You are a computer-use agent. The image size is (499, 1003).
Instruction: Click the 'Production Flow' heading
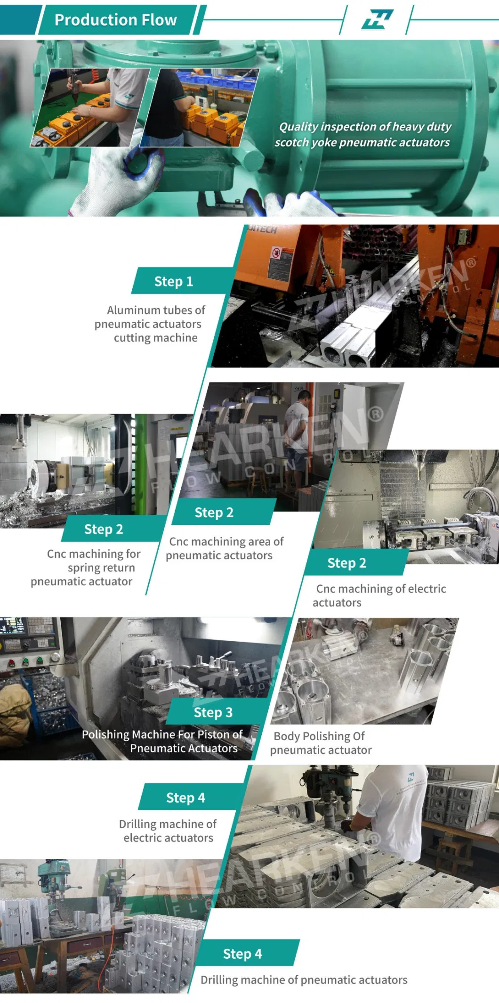pos(115,20)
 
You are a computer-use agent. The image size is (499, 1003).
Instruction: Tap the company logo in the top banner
pos(377,20)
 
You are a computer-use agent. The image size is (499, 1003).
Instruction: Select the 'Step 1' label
pos(174,281)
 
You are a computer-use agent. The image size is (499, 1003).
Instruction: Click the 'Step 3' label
pos(213,712)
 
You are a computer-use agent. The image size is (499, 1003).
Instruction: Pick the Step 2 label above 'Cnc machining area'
pos(214,513)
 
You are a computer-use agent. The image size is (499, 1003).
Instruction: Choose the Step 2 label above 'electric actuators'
pos(347,563)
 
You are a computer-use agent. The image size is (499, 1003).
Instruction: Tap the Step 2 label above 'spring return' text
pos(104,529)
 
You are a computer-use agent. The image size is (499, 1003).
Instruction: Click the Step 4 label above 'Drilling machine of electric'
pos(185,798)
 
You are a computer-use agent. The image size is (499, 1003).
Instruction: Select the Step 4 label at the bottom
pos(242,954)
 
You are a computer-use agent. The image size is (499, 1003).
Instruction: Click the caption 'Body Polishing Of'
pos(319,736)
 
